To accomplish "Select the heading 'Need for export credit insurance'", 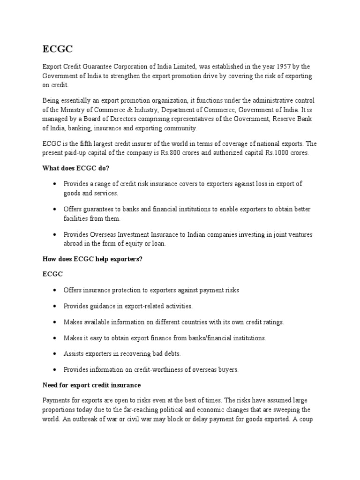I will tap(91, 385).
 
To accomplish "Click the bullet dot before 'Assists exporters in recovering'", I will tap(55, 354).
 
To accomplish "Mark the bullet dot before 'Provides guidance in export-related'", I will tap(55, 306).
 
